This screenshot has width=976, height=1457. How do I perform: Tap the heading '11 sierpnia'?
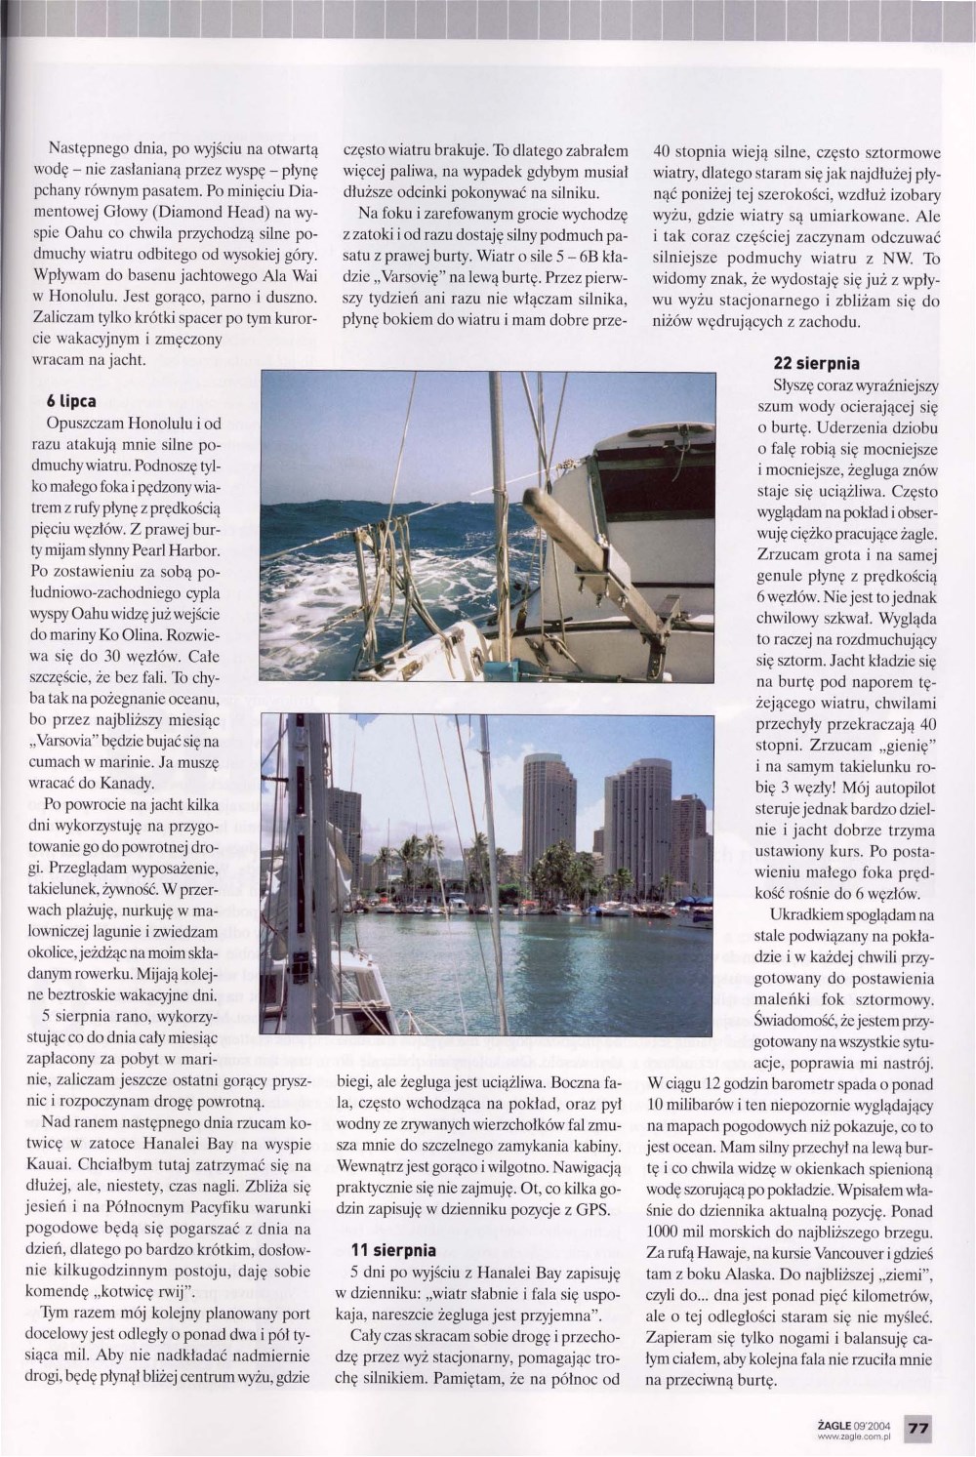pyautogui.click(x=393, y=1249)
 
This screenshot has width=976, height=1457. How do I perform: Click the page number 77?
pyautogui.click(x=919, y=1428)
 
